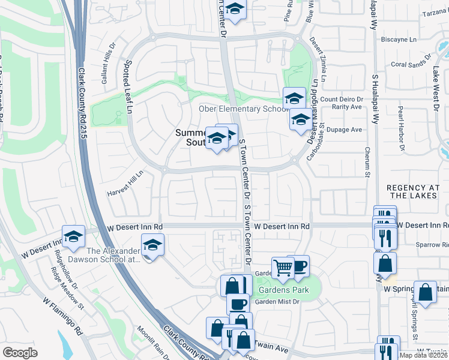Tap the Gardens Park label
279,290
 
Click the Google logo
20,353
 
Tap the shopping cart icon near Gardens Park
282,266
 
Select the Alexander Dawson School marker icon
152,245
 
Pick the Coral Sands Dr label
411,62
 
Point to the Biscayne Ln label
399,40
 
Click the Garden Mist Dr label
277,302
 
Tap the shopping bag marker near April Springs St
425,293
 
